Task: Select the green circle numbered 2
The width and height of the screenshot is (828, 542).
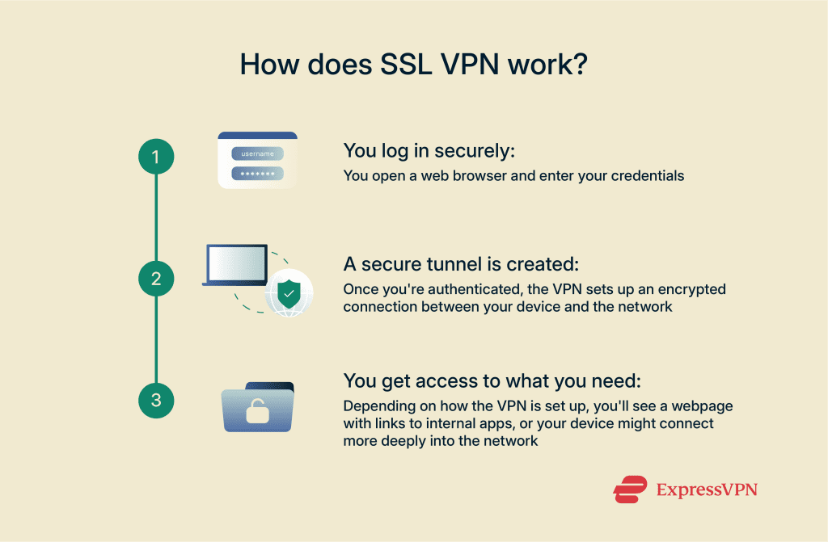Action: (x=156, y=279)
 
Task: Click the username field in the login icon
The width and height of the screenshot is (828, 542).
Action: (x=257, y=153)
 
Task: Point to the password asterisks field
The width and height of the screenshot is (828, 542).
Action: (x=257, y=173)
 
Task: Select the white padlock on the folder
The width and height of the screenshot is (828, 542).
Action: (x=257, y=413)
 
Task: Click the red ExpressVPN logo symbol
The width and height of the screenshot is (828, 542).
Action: (x=630, y=489)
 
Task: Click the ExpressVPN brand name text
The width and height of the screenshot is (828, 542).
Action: (x=706, y=489)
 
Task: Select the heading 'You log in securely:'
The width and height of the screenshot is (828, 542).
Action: (x=429, y=150)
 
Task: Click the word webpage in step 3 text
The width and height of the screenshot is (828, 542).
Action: (x=706, y=405)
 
